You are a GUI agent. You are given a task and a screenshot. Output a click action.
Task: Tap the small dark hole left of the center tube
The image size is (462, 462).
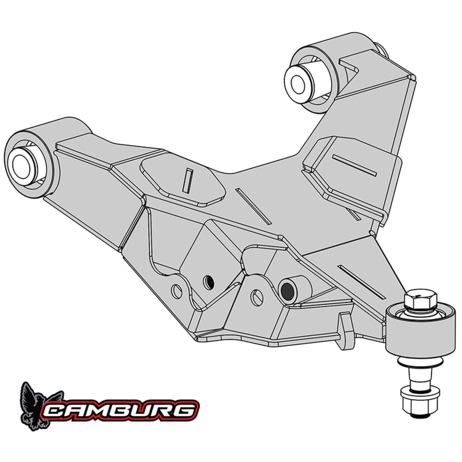210,281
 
